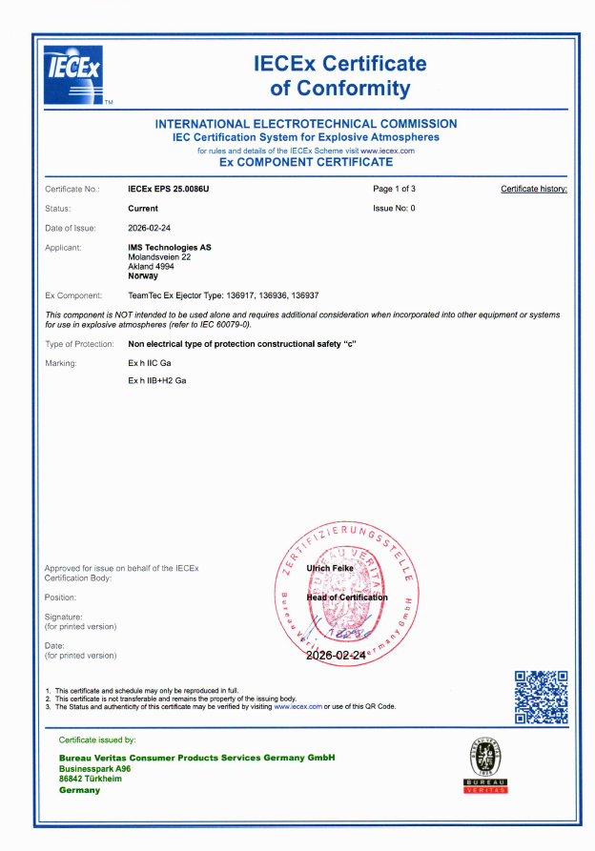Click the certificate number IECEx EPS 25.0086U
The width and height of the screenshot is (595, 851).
point(168,190)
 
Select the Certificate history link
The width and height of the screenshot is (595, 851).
point(533,190)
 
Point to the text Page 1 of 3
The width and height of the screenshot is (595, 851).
point(394,190)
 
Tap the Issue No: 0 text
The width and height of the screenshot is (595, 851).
point(394,208)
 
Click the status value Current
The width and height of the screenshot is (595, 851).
point(143,208)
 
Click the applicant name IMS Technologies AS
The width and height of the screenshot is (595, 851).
point(170,248)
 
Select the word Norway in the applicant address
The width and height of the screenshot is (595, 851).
point(143,275)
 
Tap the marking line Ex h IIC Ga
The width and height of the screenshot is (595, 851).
point(150,363)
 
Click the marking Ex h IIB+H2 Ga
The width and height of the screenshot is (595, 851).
point(156,380)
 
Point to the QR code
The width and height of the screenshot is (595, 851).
point(541,697)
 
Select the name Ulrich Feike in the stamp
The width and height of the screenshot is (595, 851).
point(330,568)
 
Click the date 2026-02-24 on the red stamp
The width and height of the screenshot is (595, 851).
point(336,656)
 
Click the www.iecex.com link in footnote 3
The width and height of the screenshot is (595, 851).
point(297,706)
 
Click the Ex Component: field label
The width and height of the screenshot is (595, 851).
point(73,295)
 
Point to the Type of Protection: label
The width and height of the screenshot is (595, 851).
point(80,343)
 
